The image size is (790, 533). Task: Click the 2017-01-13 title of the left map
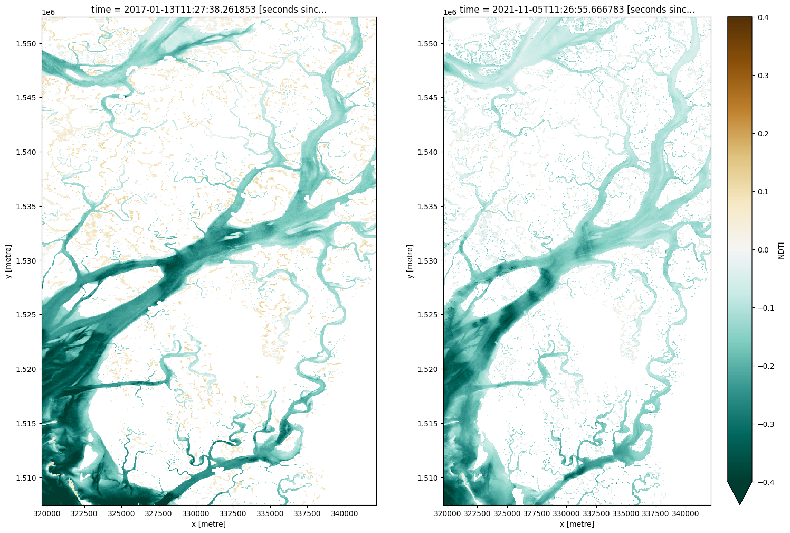pyautogui.click(x=209, y=10)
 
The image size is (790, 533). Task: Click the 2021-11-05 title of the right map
pyautogui.click(x=577, y=10)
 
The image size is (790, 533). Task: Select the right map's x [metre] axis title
pyautogui.click(x=577, y=524)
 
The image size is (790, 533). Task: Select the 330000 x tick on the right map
pyautogui.click(x=567, y=513)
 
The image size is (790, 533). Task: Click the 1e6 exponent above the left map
pyautogui.click(x=49, y=12)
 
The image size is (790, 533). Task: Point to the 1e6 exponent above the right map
pyautogui.click(x=450, y=12)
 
